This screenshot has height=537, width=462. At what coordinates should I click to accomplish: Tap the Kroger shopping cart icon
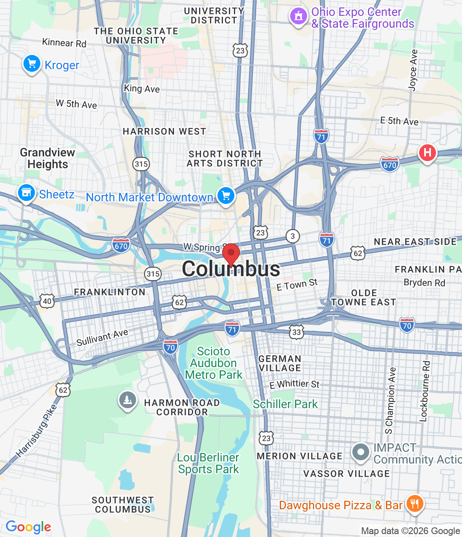click(x=31, y=64)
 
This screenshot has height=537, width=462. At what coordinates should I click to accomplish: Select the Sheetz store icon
click(x=26, y=193)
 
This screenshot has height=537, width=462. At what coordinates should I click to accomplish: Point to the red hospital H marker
click(x=427, y=152)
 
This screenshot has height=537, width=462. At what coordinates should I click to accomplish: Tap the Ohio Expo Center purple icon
click(x=298, y=17)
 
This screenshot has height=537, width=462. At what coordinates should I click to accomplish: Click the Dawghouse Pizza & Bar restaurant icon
click(x=415, y=503)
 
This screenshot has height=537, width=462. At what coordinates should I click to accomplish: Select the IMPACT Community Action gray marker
click(x=360, y=452)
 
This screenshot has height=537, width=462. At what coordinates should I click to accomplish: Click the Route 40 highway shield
click(x=47, y=301)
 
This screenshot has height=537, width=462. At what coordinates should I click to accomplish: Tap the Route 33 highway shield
click(x=297, y=332)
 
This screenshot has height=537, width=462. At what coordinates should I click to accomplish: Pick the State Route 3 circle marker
click(x=293, y=236)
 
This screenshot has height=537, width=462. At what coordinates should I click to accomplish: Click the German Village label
click(x=280, y=363)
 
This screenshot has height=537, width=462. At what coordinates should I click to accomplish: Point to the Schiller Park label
click(x=285, y=404)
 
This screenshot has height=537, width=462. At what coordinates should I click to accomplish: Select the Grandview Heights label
click(x=47, y=158)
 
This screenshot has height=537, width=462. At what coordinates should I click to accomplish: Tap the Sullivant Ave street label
click(x=102, y=338)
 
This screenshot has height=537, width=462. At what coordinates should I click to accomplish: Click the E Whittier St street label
click(x=294, y=384)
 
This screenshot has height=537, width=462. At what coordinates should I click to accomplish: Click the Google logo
click(x=28, y=527)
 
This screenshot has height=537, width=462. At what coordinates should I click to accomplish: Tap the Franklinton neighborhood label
click(x=110, y=292)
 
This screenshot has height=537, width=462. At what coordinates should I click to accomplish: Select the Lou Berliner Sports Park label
click(x=208, y=463)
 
